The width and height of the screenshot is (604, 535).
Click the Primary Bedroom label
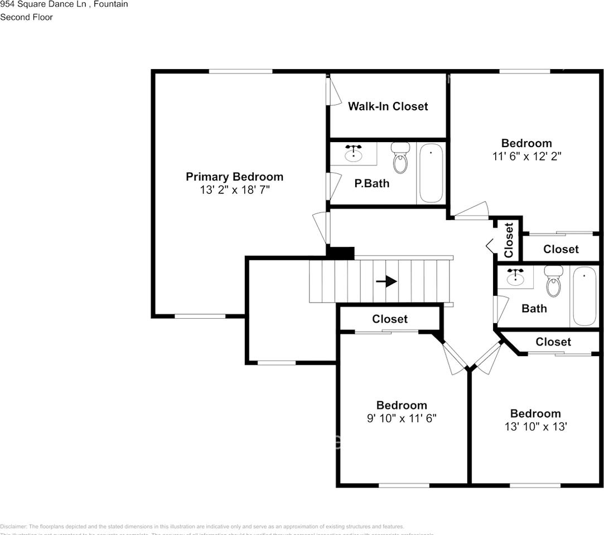[234, 177]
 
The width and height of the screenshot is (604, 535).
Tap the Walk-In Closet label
[388, 106]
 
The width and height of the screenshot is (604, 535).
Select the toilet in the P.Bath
[400, 158]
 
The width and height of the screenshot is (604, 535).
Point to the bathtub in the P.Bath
[431, 173]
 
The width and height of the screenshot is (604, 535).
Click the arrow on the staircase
[386, 281]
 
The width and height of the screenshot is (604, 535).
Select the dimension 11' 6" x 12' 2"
[526, 157]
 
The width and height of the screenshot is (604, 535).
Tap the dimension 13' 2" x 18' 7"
[234, 190]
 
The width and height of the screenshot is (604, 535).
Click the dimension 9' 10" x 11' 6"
[401, 419]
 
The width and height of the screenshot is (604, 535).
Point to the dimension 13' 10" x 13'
[535, 427]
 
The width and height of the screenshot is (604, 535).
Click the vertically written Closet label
[509, 240]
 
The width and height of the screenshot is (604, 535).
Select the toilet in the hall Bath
[553, 282]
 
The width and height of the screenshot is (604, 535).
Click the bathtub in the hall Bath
[584, 296]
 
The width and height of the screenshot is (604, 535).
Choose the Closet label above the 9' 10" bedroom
[390, 319]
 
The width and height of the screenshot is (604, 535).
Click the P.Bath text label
[372, 183]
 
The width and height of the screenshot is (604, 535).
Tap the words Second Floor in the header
[26, 17]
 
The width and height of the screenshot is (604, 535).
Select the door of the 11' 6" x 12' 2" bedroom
[470, 211]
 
